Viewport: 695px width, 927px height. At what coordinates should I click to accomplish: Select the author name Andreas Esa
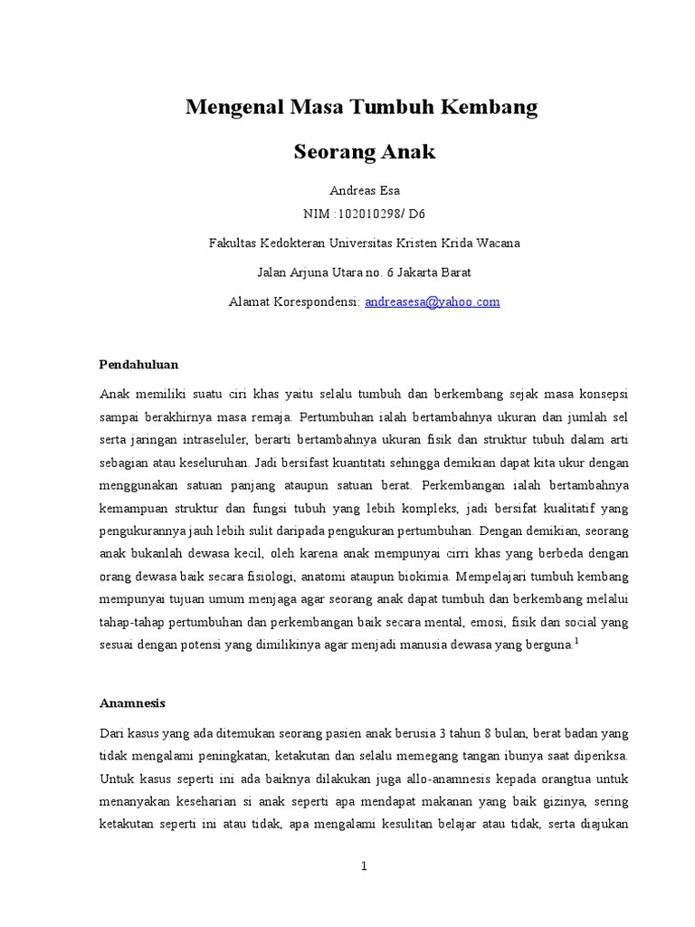pyautogui.click(x=364, y=190)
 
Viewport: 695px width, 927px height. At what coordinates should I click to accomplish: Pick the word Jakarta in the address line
pyautogui.click(x=407, y=272)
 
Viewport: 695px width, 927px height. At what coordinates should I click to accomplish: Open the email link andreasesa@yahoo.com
pyautogui.click(x=432, y=301)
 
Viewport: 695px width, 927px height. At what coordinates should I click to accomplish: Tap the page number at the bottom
pyautogui.click(x=364, y=866)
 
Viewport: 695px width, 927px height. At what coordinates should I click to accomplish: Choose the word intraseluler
pyautogui.click(x=222, y=441)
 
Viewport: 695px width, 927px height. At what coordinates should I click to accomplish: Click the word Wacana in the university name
pyautogui.click(x=499, y=244)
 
